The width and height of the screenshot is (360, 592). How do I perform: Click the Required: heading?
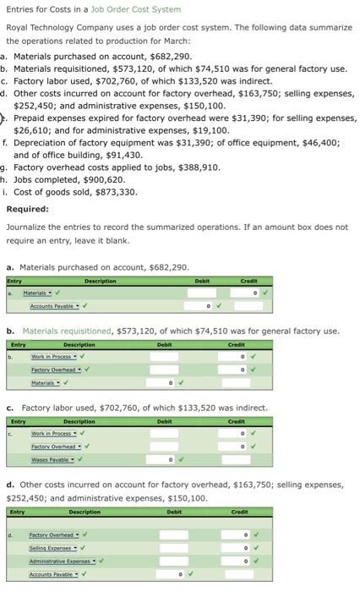pos(27,209)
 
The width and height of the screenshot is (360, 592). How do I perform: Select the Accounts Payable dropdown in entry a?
pos(56,305)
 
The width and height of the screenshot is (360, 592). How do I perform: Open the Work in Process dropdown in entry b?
pos(55,357)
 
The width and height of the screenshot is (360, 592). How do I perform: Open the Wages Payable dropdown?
pos(51,459)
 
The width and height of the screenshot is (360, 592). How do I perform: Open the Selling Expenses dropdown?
pos(52,548)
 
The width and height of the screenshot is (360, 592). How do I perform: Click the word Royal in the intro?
pos(17,28)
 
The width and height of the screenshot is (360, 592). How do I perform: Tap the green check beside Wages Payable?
pos(83,459)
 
